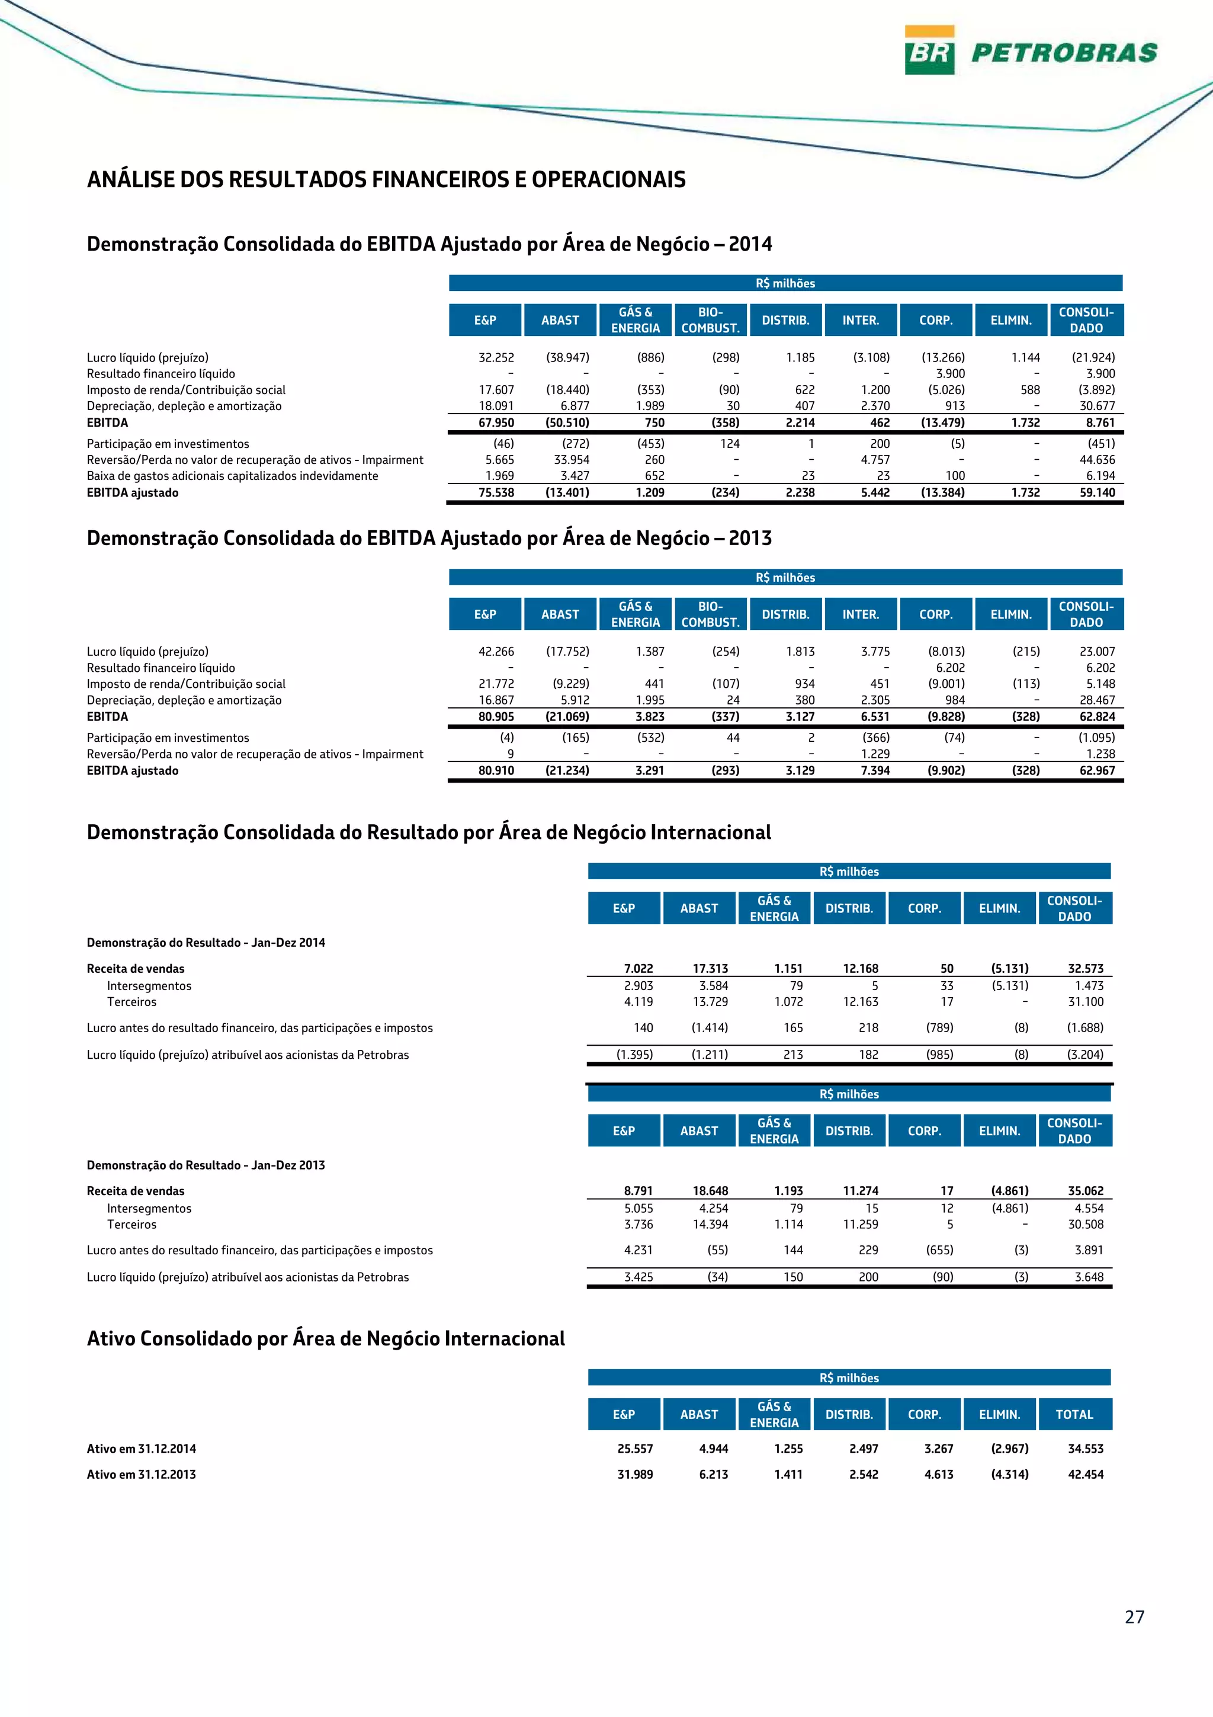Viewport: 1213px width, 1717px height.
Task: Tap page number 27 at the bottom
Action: tap(1134, 1617)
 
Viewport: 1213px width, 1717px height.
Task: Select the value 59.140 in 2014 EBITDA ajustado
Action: tap(1096, 492)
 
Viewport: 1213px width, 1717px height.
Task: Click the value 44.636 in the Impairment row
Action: tap(1096, 460)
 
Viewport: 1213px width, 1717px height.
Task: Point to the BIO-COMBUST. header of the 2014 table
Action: tap(710, 320)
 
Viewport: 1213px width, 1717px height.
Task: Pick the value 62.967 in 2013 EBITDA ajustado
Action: tap(1096, 770)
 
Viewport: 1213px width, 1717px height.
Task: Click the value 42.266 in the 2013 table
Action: tap(496, 651)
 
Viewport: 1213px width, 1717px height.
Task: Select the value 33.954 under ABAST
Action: tap(571, 460)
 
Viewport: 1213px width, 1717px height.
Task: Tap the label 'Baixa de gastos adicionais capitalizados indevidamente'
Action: tap(232, 476)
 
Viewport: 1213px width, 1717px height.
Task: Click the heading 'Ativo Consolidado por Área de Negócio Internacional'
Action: tap(326, 1338)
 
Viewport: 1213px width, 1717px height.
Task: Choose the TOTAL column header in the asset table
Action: tap(1074, 1414)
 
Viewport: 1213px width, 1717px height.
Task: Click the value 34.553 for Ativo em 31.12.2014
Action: tap(1085, 1449)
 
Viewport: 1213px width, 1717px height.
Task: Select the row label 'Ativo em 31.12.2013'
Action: tap(141, 1474)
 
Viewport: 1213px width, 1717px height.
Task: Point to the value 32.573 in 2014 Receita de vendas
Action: tap(1085, 969)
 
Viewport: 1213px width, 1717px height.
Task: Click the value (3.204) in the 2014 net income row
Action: tap(1084, 1055)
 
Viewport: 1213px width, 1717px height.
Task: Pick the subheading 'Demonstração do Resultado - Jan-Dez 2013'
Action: tap(206, 1164)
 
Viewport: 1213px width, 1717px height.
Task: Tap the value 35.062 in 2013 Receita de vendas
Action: tap(1085, 1190)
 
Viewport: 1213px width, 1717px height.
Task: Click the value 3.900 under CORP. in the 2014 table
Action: tap(950, 374)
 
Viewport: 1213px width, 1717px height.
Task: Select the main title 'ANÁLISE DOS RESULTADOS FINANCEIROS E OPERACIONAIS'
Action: tap(386, 180)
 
